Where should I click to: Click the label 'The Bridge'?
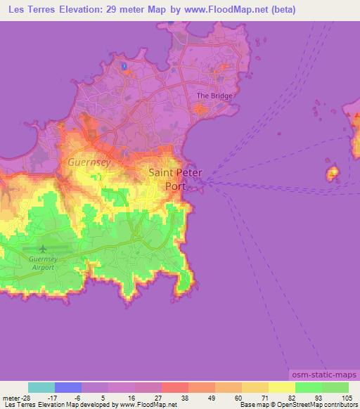tap(214, 96)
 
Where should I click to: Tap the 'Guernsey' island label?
tap(89, 161)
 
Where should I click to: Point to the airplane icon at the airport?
tap(43, 248)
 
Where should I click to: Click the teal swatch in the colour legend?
tap(41, 387)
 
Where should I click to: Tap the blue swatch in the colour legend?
tap(68, 387)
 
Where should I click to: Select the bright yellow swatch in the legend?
tap(281, 387)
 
